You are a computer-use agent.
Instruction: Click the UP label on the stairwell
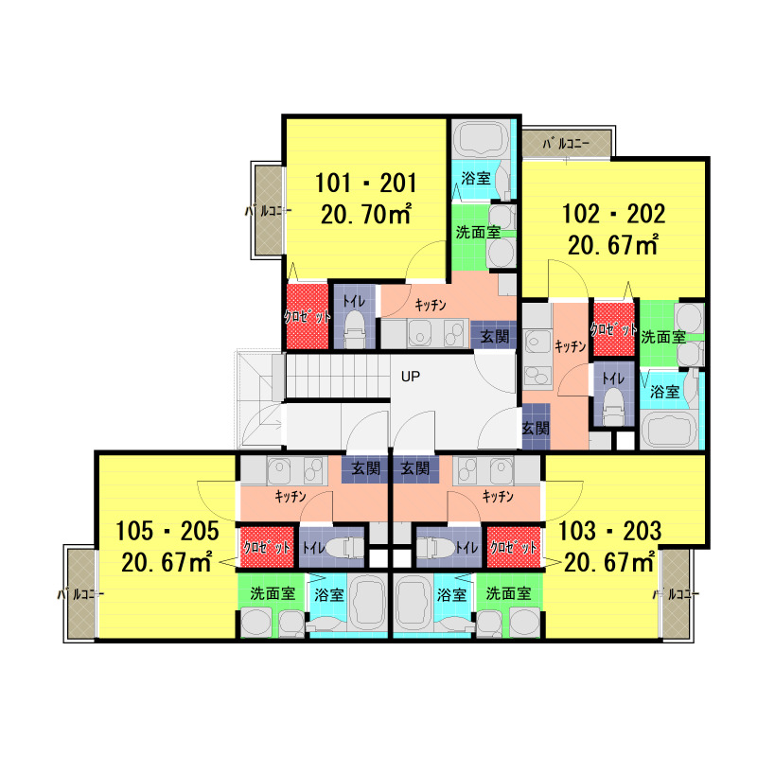pyautogui.click(x=411, y=376)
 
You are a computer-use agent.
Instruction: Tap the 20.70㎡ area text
pyautogui.click(x=366, y=214)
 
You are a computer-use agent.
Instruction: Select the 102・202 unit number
pyautogui.click(x=613, y=214)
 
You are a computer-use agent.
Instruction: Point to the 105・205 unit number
pyautogui.click(x=167, y=531)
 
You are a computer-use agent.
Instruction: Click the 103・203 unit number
pyautogui.click(x=609, y=531)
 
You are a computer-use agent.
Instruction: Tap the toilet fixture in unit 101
pyautogui.click(x=355, y=328)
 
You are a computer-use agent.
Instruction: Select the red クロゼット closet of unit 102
pyautogui.click(x=613, y=329)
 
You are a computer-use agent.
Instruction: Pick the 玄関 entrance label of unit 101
pyautogui.click(x=494, y=336)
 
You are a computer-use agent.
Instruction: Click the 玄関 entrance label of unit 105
pyautogui.click(x=365, y=468)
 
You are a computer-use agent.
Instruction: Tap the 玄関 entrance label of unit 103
pyautogui.click(x=415, y=468)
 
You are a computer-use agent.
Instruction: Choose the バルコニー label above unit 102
pyautogui.click(x=566, y=144)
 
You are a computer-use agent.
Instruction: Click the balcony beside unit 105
pyautogui.click(x=81, y=594)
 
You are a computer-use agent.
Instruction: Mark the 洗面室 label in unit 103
pyautogui.click(x=508, y=593)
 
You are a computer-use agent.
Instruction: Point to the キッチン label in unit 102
pyautogui.click(x=571, y=346)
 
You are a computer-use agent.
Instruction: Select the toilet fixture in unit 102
pyautogui.click(x=613, y=407)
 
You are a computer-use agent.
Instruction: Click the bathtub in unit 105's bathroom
pyautogui.click(x=368, y=604)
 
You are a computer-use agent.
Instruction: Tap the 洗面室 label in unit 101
pyautogui.click(x=478, y=232)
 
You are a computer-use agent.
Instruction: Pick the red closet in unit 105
pyautogui.click(x=267, y=547)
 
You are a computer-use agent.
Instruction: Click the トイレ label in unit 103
pyautogui.click(x=467, y=547)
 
